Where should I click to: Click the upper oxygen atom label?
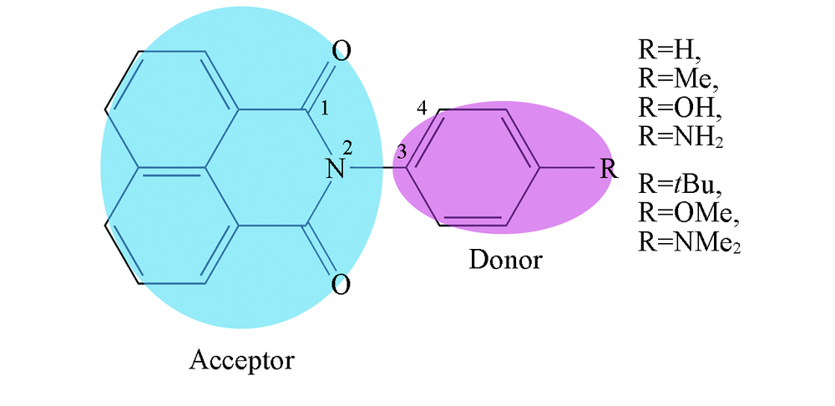(x=342, y=52)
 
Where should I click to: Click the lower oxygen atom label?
(x=342, y=284)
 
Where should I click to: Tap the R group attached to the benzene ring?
(x=609, y=169)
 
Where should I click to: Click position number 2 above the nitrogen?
(x=347, y=148)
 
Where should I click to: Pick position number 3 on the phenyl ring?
(x=402, y=152)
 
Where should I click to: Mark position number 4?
(x=422, y=109)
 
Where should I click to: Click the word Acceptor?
(x=242, y=360)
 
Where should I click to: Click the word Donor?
(x=505, y=260)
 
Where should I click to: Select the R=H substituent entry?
(x=670, y=51)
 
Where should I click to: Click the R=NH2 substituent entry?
(x=681, y=137)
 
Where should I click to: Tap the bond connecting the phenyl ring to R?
(x=568, y=169)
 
